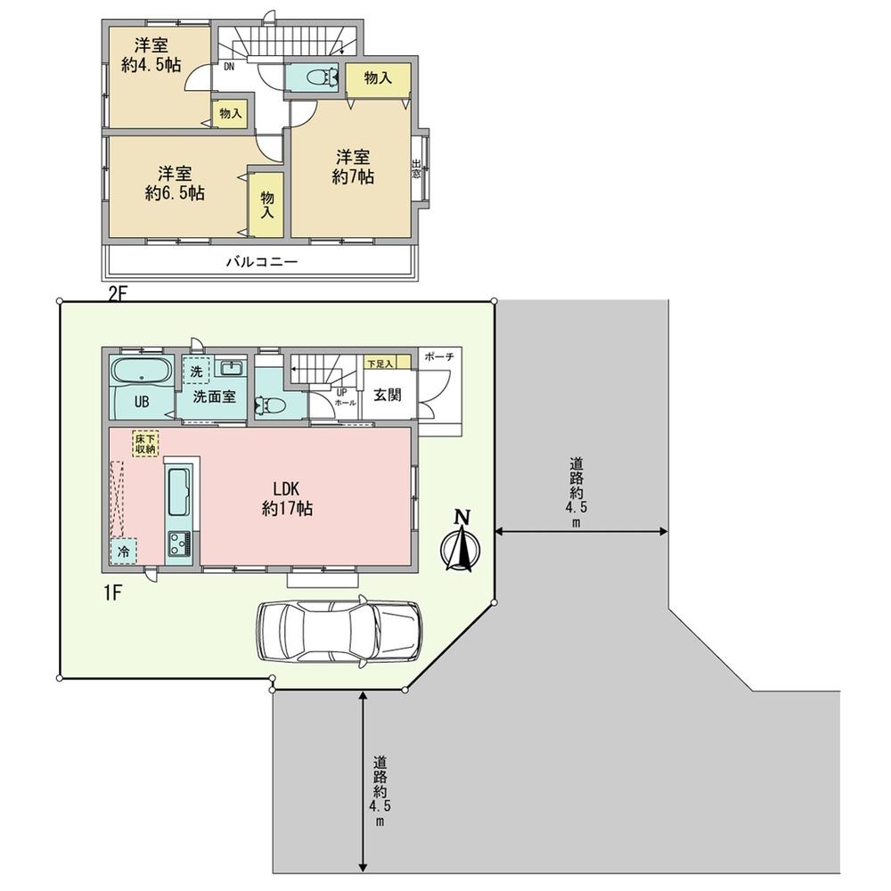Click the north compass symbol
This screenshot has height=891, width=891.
pos(461,543)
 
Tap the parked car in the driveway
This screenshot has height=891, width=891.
pos(339,631)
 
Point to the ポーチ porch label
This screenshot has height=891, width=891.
pos(439,356)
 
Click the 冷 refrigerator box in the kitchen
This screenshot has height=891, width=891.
pos(124,552)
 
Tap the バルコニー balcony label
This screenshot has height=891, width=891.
pos(260,262)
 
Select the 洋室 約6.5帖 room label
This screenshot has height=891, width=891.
pos(175,183)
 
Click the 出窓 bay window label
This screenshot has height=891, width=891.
pos(416,168)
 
